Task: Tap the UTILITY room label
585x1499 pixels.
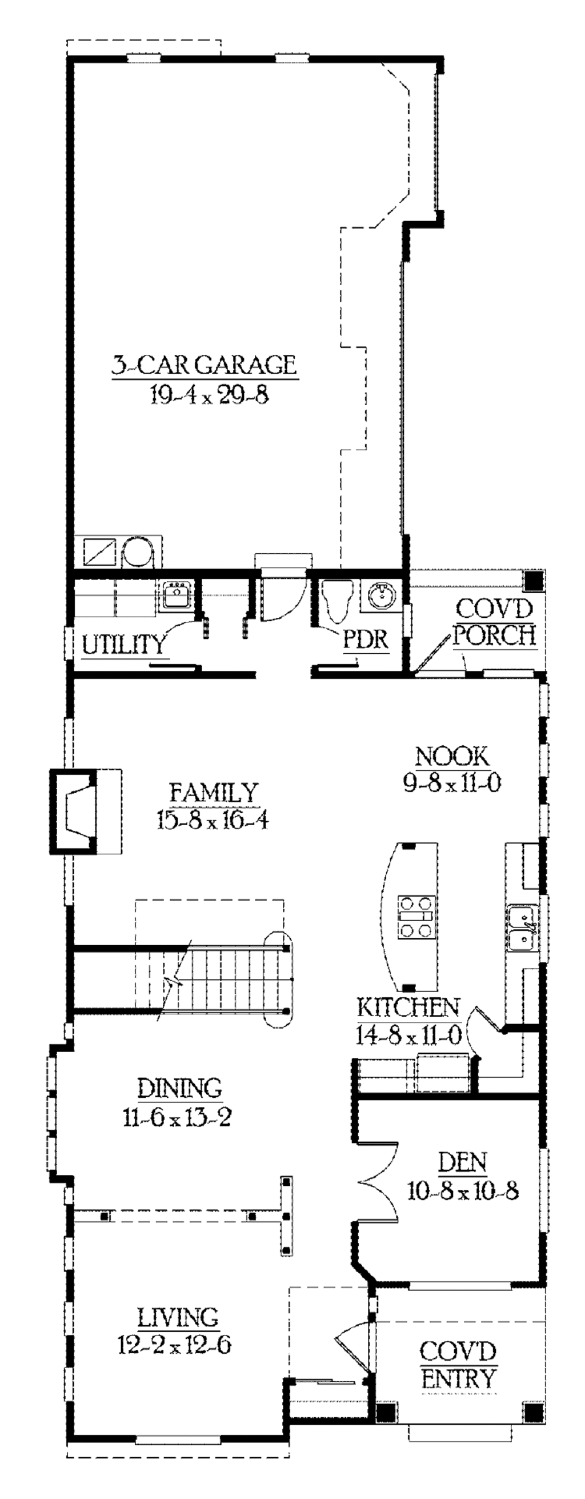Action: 123,645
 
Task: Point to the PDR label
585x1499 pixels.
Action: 365,639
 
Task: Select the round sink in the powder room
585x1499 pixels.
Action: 381,595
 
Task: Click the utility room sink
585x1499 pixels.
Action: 177,595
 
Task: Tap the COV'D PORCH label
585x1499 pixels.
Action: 494,622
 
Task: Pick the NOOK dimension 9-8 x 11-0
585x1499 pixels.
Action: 452,783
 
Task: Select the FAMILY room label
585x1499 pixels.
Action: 213,793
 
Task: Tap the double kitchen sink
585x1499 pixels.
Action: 522,928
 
